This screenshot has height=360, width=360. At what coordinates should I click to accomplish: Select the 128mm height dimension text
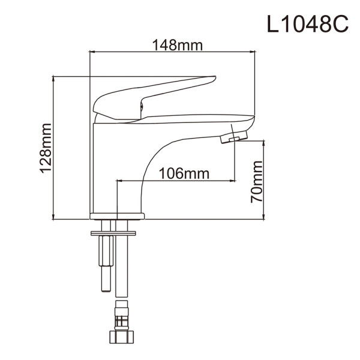click(46, 148)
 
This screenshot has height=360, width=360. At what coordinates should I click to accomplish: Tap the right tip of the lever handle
click(213, 78)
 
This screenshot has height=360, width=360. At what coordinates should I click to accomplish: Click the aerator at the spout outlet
click(232, 139)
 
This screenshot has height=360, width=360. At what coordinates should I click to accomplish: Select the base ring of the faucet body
click(117, 215)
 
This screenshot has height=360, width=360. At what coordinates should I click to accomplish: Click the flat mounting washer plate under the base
click(117, 232)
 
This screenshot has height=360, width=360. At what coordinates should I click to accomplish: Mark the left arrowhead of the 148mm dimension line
click(92, 53)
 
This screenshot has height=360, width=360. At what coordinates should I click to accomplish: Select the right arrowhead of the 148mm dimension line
click(254, 53)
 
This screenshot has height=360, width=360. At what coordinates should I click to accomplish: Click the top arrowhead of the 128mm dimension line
click(54, 79)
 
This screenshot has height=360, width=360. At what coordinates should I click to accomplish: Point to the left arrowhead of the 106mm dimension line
click(119, 180)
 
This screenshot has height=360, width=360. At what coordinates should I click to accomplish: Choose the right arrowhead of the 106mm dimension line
click(232, 180)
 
